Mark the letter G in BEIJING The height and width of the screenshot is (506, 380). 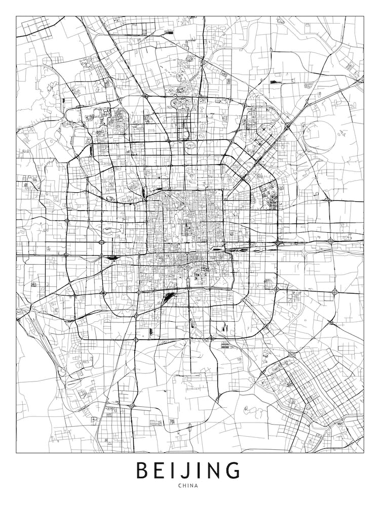232,470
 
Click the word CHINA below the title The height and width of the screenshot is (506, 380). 188,486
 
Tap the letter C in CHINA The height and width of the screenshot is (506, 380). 180,486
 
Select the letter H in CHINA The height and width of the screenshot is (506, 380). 185,486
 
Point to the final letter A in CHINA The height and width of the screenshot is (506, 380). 197,486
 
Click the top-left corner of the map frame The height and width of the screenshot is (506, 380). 16,16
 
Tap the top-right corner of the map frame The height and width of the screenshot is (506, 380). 364,16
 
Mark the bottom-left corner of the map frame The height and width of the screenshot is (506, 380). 16,452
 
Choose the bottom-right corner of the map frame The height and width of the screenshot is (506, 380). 364,452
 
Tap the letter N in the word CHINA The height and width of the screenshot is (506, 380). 193,486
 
